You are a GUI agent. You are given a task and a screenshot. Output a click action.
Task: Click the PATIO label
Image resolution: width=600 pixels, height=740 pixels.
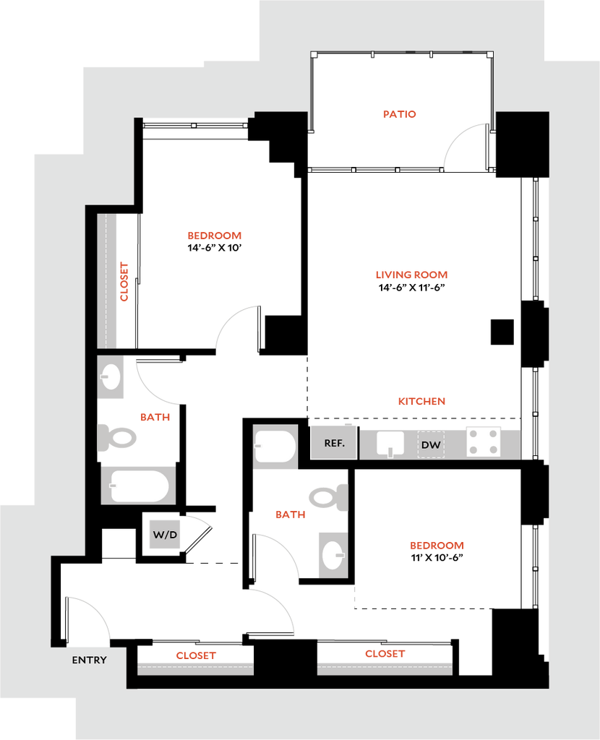pyautogui.click(x=400, y=114)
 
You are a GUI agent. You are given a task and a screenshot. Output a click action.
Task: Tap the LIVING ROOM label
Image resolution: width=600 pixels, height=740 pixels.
pyautogui.click(x=412, y=275)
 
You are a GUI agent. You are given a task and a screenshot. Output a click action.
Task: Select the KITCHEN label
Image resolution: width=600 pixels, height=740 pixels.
pyautogui.click(x=421, y=401)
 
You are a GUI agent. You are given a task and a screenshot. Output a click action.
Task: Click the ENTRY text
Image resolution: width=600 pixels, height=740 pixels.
pyautogui.click(x=90, y=660)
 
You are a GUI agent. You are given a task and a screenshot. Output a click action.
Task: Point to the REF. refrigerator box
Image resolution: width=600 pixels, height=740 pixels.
pyautogui.click(x=333, y=442)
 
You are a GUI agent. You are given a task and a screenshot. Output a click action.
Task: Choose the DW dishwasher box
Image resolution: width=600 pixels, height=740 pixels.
pyautogui.click(x=431, y=444)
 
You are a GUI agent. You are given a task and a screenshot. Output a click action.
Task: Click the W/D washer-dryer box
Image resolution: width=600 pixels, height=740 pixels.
pyautogui.click(x=165, y=535)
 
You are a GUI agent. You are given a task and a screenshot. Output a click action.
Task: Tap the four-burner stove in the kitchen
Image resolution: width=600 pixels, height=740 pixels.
pyautogui.click(x=483, y=442)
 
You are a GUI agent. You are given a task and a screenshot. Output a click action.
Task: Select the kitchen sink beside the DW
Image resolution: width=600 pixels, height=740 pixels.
pyautogui.click(x=390, y=444)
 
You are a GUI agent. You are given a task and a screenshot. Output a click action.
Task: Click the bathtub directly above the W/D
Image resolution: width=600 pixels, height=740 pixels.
pyautogui.click(x=139, y=485)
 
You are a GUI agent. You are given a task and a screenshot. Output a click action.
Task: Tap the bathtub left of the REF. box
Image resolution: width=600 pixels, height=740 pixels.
pyautogui.click(x=275, y=447)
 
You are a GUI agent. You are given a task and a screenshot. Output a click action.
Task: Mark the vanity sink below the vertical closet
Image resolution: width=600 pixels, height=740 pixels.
pyautogui.click(x=111, y=377)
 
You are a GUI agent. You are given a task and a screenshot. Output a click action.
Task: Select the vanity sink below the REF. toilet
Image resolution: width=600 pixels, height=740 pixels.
pyautogui.click(x=333, y=555)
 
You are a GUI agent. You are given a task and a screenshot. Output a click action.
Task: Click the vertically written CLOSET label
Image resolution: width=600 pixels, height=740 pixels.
pyautogui.click(x=124, y=282)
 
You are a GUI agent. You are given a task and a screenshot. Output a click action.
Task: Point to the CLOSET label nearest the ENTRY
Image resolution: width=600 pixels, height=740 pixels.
pyautogui.click(x=195, y=656)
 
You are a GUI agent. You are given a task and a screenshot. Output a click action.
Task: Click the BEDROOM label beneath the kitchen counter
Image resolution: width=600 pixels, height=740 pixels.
pyautogui.click(x=437, y=545)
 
